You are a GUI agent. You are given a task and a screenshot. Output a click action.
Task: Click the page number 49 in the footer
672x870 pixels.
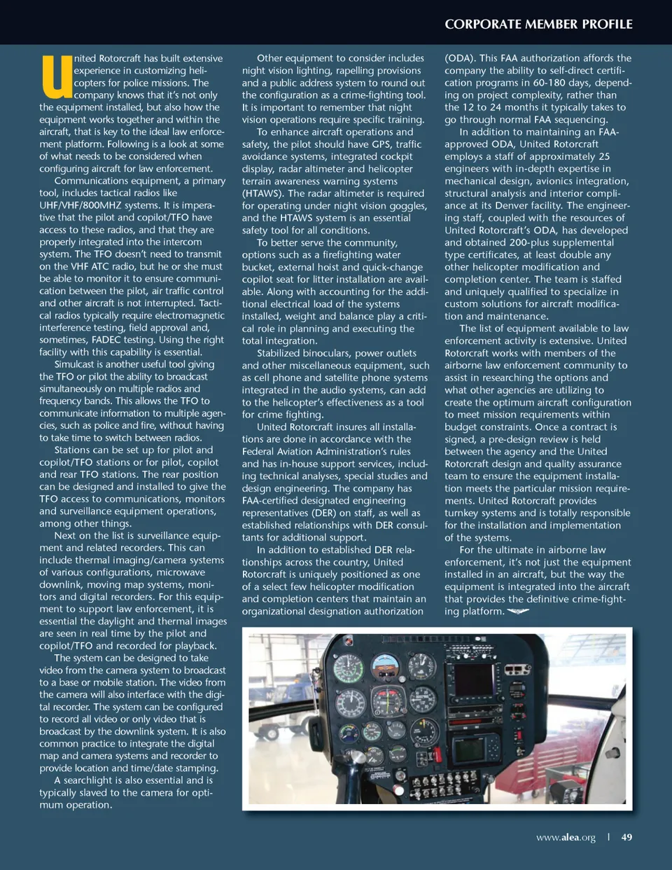(x=626, y=837)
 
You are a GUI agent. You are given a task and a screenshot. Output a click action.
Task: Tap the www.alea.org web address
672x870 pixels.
(x=566, y=837)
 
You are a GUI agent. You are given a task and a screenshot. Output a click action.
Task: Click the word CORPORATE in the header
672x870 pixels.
(x=482, y=24)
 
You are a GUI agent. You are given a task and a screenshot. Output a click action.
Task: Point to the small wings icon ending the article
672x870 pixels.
(x=518, y=612)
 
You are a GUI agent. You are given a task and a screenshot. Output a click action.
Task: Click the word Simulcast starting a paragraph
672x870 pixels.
(x=76, y=364)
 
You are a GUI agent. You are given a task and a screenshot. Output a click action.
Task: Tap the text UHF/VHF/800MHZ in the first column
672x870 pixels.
(x=79, y=205)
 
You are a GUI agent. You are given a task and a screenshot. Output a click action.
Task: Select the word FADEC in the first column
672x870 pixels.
(x=106, y=340)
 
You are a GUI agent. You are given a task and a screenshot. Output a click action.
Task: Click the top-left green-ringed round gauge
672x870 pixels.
(x=348, y=668)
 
